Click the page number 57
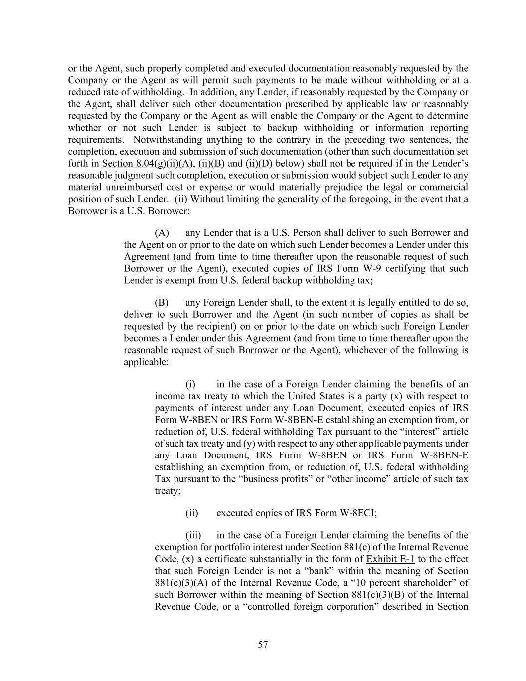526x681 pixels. point(263,645)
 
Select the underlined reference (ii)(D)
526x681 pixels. point(259,164)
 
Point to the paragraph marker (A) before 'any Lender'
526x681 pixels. point(162,233)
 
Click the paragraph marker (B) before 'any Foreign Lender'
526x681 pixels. point(162,303)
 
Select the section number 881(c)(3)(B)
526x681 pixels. point(379,595)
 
